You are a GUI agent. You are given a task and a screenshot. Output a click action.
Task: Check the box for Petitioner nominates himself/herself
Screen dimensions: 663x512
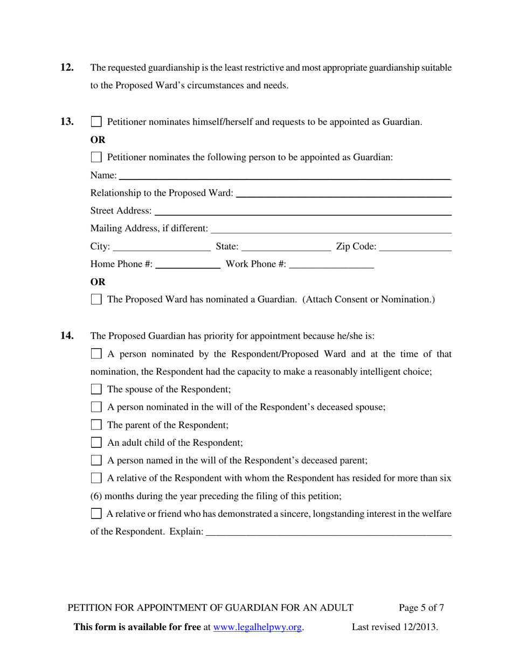click(x=96, y=122)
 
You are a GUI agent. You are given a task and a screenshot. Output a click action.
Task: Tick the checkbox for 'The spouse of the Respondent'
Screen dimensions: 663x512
click(x=96, y=389)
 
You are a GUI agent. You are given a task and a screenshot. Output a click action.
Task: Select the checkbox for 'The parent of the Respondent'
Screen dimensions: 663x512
click(x=96, y=425)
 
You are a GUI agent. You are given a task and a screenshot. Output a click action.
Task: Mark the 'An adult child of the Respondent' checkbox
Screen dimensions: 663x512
click(x=96, y=443)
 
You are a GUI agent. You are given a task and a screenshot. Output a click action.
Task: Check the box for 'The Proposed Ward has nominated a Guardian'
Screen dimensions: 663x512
click(x=96, y=299)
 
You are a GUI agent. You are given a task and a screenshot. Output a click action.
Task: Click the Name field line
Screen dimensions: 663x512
click(x=284, y=176)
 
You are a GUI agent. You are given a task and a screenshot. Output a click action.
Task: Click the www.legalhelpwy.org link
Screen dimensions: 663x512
click(x=258, y=627)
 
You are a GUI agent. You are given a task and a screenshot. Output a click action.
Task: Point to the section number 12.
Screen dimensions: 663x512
click(x=67, y=67)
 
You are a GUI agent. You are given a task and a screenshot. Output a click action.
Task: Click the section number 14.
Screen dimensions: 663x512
click(x=67, y=335)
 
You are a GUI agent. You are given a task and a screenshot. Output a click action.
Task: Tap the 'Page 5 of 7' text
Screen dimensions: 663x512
click(x=421, y=608)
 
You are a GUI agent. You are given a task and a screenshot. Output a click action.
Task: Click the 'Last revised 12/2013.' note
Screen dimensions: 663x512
click(x=395, y=627)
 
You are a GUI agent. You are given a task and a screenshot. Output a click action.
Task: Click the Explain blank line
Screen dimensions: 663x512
click(x=328, y=533)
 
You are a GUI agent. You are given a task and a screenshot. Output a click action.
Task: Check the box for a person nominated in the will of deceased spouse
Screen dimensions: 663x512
click(x=96, y=407)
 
